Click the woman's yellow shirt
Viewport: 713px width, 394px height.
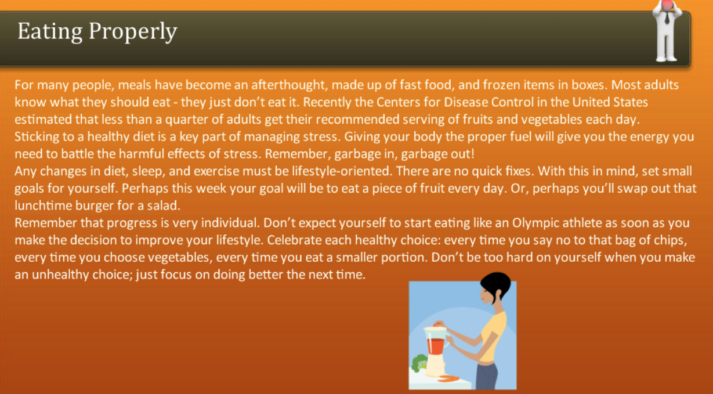(494, 337)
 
